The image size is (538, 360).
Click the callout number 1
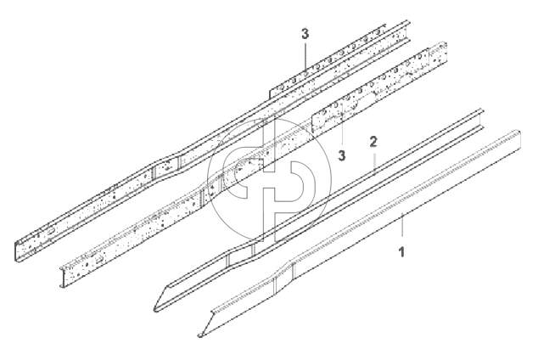click(401, 252)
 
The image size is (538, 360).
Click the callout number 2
click(373, 142)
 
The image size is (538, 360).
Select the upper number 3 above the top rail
click(305, 34)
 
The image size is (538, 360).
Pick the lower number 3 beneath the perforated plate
click(341, 155)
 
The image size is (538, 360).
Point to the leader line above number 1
click(401, 224)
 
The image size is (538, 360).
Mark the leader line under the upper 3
click(305, 56)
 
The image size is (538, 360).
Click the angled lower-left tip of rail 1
click(201, 335)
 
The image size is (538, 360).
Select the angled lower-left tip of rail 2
click(156, 310)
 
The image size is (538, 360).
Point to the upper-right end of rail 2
click(480, 120)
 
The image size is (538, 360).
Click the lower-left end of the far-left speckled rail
click(16, 252)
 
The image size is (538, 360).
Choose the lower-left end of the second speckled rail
click(63, 277)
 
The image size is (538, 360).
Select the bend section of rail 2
click(240, 253)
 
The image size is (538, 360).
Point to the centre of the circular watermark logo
click(270, 180)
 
